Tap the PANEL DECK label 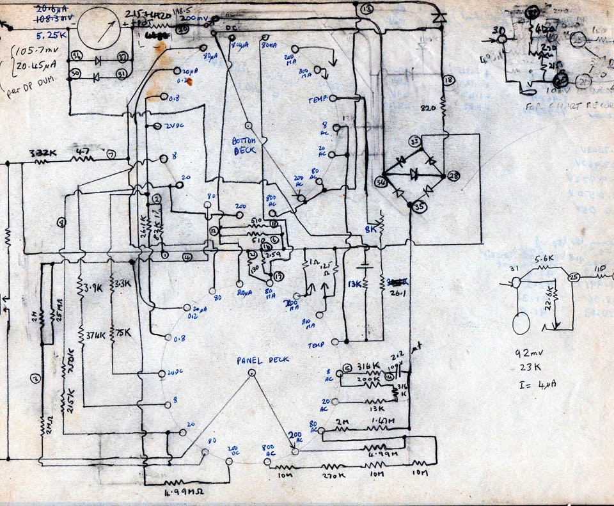[x=263, y=360]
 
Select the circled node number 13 [x=366, y=10]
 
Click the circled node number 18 [x=448, y=80]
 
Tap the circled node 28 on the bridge [x=453, y=176]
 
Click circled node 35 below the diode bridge [x=419, y=207]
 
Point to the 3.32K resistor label [x=42, y=154]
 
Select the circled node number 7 [x=111, y=154]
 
